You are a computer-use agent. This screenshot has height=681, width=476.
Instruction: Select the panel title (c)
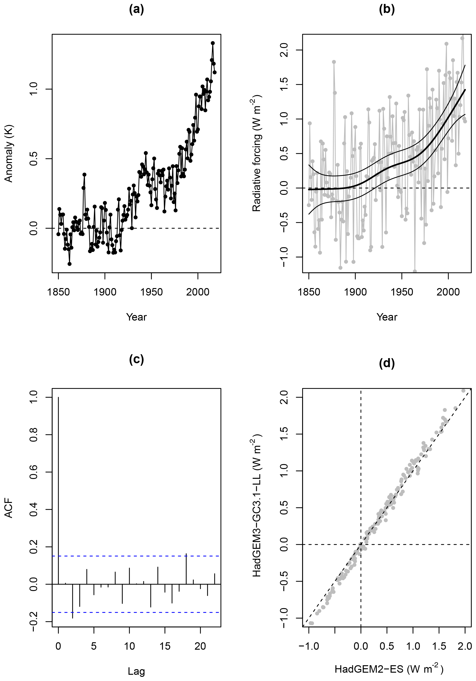point(136,359)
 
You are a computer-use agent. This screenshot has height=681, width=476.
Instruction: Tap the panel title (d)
point(387,363)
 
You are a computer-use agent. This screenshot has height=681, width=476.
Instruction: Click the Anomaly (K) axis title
point(9,153)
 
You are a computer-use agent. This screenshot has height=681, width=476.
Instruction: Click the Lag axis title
point(136,671)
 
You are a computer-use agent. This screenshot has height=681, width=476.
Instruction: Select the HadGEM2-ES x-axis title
point(389,669)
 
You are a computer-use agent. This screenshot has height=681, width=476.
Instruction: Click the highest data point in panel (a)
point(213,43)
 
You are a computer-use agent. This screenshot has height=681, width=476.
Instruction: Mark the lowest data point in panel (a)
point(69,264)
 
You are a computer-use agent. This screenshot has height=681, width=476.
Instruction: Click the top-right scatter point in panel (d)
point(463,391)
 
